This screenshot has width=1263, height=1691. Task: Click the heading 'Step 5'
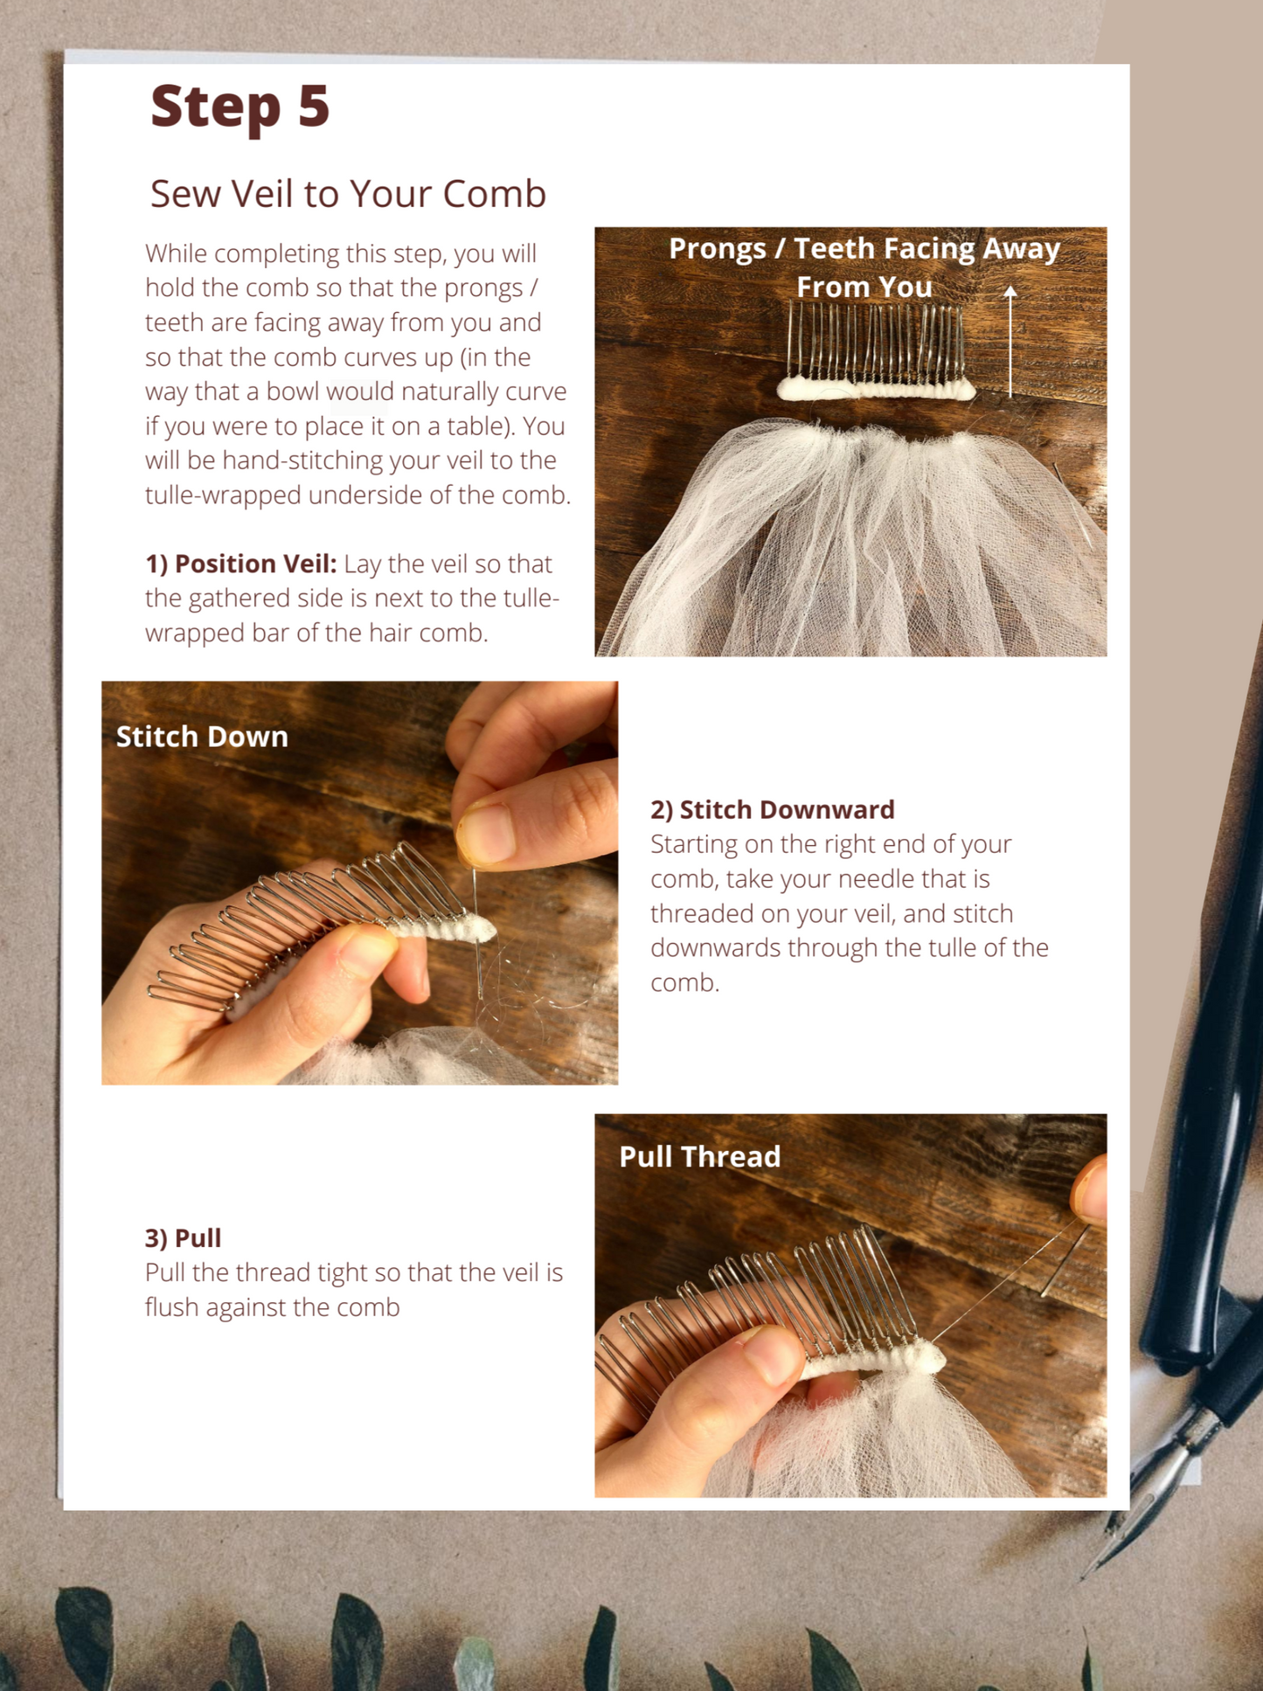(239, 106)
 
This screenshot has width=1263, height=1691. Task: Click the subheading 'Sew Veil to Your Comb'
(348, 193)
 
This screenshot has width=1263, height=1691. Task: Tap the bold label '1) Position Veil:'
(240, 564)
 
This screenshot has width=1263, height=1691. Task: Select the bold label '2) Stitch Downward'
(773, 809)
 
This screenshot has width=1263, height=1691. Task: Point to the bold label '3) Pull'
(183, 1237)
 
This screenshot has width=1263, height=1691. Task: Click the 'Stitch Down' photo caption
(202, 737)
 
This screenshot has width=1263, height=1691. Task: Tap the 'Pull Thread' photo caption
(699, 1156)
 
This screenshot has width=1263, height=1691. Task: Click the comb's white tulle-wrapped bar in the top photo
(876, 389)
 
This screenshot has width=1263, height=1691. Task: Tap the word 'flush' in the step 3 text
(170, 1306)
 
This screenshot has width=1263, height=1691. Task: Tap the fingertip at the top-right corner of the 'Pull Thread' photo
(1090, 1189)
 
